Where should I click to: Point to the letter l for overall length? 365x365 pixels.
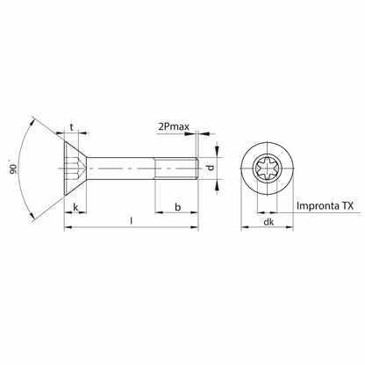coord(131,218)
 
